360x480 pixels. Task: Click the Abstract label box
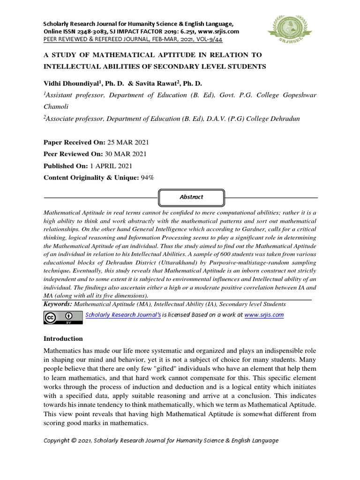191,197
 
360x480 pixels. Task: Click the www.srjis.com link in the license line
264,315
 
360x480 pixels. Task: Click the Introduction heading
63,338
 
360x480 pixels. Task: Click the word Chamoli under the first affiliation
55,107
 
